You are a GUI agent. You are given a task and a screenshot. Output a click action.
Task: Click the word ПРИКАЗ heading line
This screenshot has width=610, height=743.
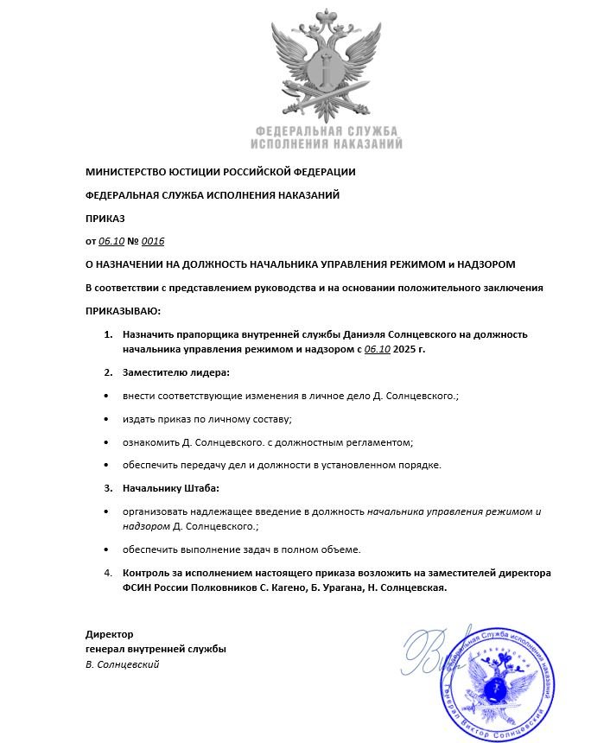[x=105, y=218]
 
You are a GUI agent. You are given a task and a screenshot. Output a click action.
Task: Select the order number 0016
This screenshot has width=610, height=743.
[x=152, y=241]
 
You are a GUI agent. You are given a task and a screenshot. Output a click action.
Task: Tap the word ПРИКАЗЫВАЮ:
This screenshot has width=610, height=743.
[x=124, y=310]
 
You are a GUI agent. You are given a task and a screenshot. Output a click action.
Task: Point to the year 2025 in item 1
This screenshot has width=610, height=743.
[x=407, y=348]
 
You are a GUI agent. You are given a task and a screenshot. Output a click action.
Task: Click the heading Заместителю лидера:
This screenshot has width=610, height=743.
[x=176, y=372]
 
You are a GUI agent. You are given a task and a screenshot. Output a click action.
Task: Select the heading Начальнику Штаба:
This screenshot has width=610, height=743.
[x=171, y=488]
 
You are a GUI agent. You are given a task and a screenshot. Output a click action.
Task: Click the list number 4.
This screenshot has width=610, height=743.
[x=108, y=573]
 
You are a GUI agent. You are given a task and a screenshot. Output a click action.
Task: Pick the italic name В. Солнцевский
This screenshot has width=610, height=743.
[x=123, y=664]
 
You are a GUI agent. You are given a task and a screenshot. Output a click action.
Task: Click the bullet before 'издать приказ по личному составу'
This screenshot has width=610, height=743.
[x=105, y=419]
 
